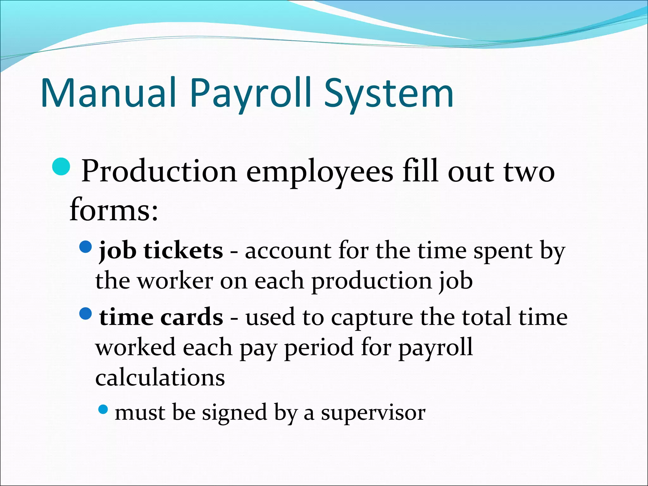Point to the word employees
(x=320, y=172)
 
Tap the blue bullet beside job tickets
(x=85, y=246)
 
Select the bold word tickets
(x=184, y=251)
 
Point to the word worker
(x=176, y=281)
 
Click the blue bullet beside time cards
(x=85, y=313)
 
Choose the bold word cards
(x=191, y=317)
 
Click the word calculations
(x=160, y=378)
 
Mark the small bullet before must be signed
(x=103, y=410)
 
